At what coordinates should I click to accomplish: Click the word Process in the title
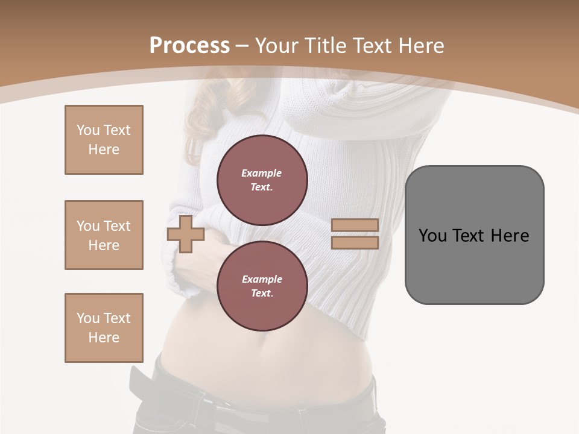(189, 46)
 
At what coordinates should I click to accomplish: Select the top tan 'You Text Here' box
(104, 140)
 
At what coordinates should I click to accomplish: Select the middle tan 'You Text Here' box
(104, 235)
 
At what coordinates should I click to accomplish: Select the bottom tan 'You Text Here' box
(104, 328)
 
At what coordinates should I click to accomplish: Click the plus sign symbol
(186, 234)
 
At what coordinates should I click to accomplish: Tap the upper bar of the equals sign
(355, 225)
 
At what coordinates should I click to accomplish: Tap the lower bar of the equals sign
(355, 243)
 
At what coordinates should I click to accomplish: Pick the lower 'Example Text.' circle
(262, 286)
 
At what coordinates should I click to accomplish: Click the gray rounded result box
(474, 265)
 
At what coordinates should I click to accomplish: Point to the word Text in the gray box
(470, 236)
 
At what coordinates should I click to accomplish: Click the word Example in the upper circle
(261, 174)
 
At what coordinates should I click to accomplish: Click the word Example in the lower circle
(262, 280)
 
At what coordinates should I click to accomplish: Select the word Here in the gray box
(510, 236)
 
